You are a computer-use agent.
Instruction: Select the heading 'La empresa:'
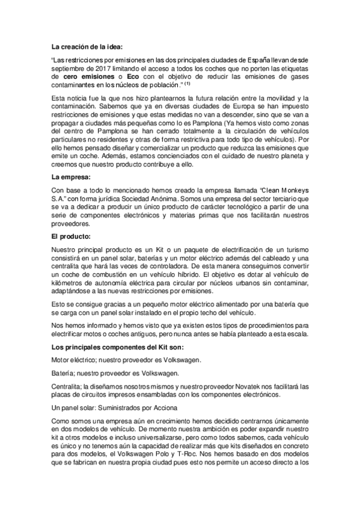coord(70,177)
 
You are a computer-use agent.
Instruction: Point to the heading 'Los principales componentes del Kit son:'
coord(117,348)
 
